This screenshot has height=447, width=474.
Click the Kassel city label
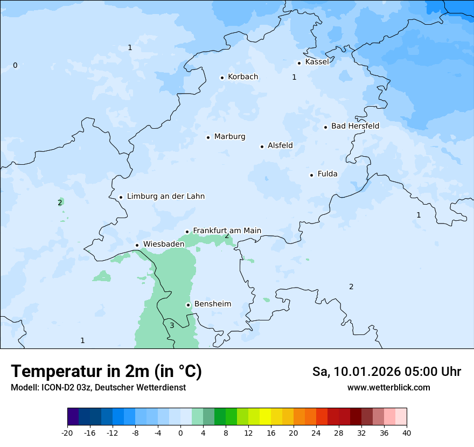click(x=317, y=62)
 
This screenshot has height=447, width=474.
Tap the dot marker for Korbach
click(x=222, y=78)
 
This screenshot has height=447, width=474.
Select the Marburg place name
click(x=229, y=137)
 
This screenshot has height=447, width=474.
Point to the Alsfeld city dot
click(x=262, y=146)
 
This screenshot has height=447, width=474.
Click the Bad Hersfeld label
click(x=355, y=126)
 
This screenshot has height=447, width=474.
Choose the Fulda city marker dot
click(x=311, y=175)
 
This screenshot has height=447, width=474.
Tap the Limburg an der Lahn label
click(x=165, y=197)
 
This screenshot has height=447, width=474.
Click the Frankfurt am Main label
click(x=227, y=231)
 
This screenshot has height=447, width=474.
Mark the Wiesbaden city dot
click(x=137, y=246)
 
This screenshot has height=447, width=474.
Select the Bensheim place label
click(x=212, y=304)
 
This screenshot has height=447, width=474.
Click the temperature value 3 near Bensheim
click(x=172, y=325)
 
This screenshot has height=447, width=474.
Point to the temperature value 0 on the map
click(x=15, y=66)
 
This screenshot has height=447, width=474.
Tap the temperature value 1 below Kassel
click(x=294, y=77)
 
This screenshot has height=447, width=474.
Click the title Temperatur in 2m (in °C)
click(x=106, y=371)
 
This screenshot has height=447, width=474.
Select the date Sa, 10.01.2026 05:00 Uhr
click(x=386, y=372)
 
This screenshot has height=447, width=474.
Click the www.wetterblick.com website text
click(x=388, y=387)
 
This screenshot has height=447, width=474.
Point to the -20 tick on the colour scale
click(x=67, y=432)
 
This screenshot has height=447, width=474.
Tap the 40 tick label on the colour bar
click(x=407, y=432)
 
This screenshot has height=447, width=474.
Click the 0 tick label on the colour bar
click(x=180, y=432)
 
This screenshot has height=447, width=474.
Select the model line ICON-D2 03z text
click(x=98, y=387)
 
